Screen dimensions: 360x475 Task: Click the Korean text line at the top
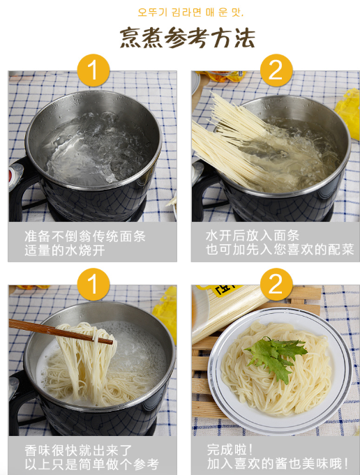pyautogui.click(x=190, y=12)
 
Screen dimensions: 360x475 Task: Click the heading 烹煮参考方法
pyautogui.click(x=187, y=38)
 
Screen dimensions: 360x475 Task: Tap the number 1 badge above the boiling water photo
pyautogui.click(x=93, y=70)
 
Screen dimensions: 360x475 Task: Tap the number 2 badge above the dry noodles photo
pyautogui.click(x=276, y=70)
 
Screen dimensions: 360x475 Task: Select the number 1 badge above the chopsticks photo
pyautogui.click(x=93, y=284)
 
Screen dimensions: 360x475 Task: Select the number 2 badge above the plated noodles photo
pyautogui.click(x=276, y=284)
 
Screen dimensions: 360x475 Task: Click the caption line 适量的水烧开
pyautogui.click(x=65, y=250)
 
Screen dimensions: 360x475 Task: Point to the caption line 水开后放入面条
pyautogui.click(x=253, y=235)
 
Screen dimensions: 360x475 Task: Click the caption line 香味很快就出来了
pyautogui.click(x=78, y=451)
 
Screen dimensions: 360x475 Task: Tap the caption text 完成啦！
pyautogui.click(x=230, y=450)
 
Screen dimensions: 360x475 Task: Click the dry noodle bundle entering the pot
pyautogui.click(x=230, y=140)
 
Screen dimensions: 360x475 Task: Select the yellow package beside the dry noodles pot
pyautogui.click(x=348, y=112)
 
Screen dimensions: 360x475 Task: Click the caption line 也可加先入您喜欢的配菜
pyautogui.click(x=280, y=250)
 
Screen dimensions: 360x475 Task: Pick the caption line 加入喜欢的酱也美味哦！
pyautogui.click(x=278, y=464)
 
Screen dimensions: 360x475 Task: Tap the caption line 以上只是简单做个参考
pyautogui.click(x=91, y=465)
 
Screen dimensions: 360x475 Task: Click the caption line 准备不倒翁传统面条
pyautogui.click(x=85, y=236)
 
